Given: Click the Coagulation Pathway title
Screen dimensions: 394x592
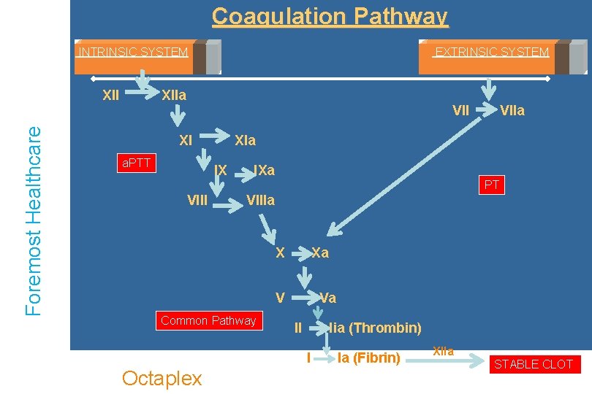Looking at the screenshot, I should tap(330, 16).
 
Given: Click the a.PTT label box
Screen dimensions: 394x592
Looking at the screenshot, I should tap(137, 163).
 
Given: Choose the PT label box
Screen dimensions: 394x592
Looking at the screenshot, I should tap(491, 185).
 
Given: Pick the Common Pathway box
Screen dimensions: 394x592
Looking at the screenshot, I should tap(208, 321).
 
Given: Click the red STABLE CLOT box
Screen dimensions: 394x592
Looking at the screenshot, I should tap(534, 364).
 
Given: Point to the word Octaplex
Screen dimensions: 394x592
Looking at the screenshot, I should tap(162, 378).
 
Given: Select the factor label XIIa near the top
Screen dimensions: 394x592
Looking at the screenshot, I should tap(174, 96).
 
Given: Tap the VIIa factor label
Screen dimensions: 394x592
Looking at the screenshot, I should tap(512, 111).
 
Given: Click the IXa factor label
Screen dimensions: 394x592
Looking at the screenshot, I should tap(264, 171).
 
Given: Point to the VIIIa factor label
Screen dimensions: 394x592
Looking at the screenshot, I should tap(260, 200).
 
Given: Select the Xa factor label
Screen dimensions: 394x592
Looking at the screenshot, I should tap(320, 253).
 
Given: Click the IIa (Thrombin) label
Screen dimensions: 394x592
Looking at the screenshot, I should tap(375, 328).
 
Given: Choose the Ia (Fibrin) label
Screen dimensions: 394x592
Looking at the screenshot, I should tap(368, 358).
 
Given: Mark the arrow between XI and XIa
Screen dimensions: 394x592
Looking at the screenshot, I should tap(214, 135).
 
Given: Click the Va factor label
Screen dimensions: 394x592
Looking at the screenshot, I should tap(327, 298).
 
